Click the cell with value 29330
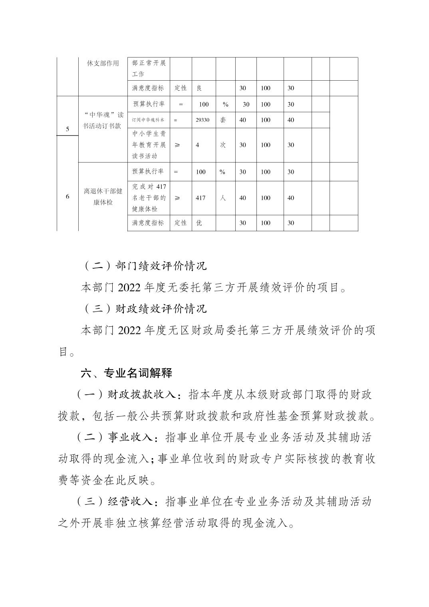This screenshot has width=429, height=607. click(x=203, y=120)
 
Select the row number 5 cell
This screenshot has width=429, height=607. click(x=67, y=129)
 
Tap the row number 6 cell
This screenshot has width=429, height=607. click(x=67, y=196)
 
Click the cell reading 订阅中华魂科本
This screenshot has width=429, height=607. click(x=148, y=120)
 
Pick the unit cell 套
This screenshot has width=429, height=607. click(x=223, y=120)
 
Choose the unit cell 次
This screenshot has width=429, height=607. click(x=223, y=145)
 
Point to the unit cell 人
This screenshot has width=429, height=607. click(x=223, y=198)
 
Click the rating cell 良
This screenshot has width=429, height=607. click(x=199, y=88)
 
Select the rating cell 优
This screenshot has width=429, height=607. click(x=199, y=223)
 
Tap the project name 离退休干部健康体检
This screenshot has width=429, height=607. click(x=103, y=196)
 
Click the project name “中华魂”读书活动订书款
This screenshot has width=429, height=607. click(x=103, y=120)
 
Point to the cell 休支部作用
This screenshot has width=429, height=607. click(x=103, y=63)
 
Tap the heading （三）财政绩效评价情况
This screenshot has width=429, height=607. click(x=145, y=309)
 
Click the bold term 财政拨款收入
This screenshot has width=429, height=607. click(x=142, y=395)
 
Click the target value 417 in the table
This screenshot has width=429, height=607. click(x=201, y=198)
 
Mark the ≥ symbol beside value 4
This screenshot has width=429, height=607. click(x=177, y=145)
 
